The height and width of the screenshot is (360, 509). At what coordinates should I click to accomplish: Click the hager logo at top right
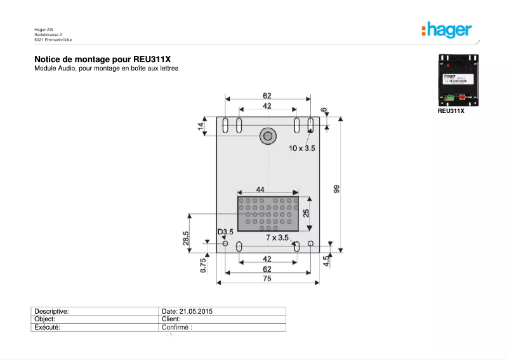click(446, 30)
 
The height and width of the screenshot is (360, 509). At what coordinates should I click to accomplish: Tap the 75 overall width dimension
click(267, 277)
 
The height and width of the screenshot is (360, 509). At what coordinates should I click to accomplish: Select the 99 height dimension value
click(336, 189)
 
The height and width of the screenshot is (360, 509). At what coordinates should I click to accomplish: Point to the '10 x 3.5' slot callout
click(302, 148)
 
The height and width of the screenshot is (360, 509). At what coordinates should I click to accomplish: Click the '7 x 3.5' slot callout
click(277, 237)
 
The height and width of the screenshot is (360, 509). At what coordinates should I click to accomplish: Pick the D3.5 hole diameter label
click(225, 232)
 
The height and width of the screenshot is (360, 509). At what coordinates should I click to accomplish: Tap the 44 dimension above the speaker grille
click(260, 190)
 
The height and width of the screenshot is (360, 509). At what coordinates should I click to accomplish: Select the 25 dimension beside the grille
click(306, 213)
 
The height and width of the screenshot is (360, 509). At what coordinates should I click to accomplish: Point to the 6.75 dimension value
click(203, 265)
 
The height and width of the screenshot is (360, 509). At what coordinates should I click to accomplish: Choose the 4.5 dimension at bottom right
click(326, 260)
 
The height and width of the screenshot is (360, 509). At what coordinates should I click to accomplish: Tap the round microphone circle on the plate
click(267, 135)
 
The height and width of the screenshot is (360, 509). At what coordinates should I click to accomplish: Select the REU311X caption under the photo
click(451, 110)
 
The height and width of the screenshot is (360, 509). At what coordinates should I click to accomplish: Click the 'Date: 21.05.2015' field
click(187, 311)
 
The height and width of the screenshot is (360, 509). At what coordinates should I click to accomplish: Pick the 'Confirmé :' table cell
click(178, 328)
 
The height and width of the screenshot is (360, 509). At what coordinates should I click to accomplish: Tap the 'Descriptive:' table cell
click(51, 311)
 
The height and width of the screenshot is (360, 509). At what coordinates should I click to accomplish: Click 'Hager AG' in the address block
click(43, 29)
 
